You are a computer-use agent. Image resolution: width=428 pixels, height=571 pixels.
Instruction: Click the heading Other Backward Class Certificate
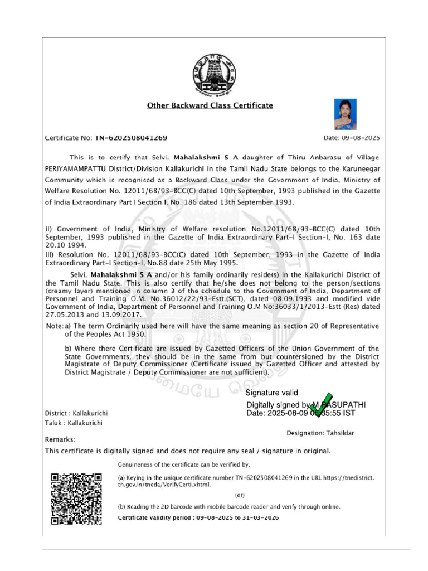pyautogui.click(x=210, y=105)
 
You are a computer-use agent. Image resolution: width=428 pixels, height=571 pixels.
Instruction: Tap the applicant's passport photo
pyautogui.click(x=345, y=114)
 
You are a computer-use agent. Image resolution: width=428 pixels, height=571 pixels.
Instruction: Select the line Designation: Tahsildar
pyautogui.click(x=320, y=433)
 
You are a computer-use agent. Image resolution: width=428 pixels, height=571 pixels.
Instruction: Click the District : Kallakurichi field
pyautogui.click(x=76, y=414)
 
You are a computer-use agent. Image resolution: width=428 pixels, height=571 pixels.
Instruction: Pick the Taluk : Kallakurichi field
pyautogui.click(x=71, y=424)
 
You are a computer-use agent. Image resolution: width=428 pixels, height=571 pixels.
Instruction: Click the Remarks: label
pyautogui.click(x=60, y=439)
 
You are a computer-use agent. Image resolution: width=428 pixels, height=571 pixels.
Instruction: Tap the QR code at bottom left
pyautogui.click(x=76, y=499)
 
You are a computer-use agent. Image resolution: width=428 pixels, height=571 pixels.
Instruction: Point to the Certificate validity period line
pyautogui.click(x=198, y=518)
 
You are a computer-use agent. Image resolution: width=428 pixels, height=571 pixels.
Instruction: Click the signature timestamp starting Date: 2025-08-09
pyautogui.click(x=300, y=414)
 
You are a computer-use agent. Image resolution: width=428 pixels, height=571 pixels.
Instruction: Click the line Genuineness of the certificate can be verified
pyautogui.click(x=184, y=464)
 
